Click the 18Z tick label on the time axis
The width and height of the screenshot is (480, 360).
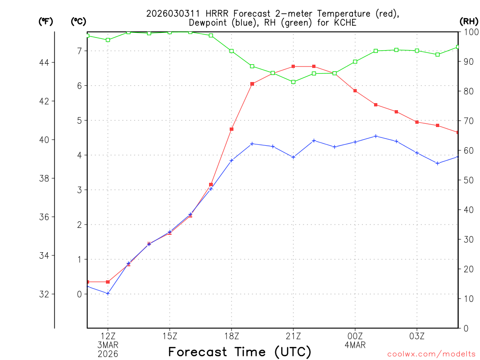tap(232, 336)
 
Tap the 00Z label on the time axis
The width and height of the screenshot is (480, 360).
tap(355, 336)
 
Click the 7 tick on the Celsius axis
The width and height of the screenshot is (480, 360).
tap(79, 51)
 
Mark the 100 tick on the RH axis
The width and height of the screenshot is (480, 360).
tap(469, 32)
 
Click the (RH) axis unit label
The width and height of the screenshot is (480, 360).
tap(468, 21)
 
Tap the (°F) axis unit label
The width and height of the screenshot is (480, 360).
tap(46, 21)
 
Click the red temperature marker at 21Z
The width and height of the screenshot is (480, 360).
tap(293, 67)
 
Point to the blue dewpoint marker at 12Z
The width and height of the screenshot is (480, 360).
tap(108, 293)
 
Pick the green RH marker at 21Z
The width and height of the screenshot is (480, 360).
tap(293, 82)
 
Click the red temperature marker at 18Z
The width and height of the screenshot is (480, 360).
tap(232, 129)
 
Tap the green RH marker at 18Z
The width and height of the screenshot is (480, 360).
tap(232, 51)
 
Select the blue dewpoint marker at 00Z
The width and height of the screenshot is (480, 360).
tap(355, 142)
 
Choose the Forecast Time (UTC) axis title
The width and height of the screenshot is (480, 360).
tap(240, 352)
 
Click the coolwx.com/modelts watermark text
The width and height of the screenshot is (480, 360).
tap(431, 354)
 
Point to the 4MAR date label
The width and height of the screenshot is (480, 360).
tap(355, 345)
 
